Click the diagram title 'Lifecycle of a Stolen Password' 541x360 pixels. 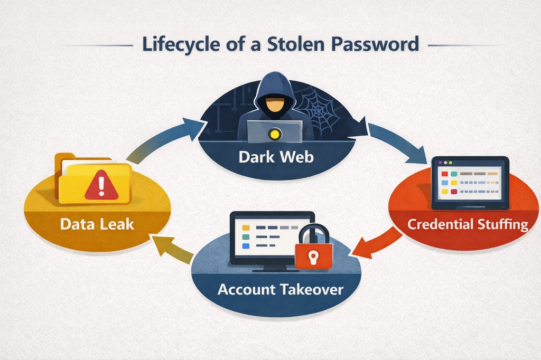[280, 44]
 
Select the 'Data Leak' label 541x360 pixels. [97, 224]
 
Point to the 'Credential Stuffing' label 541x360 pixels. [468, 224]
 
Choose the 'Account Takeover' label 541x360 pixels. [280, 289]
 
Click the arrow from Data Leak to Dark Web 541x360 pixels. [158, 140]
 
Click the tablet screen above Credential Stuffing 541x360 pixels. [469, 183]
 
